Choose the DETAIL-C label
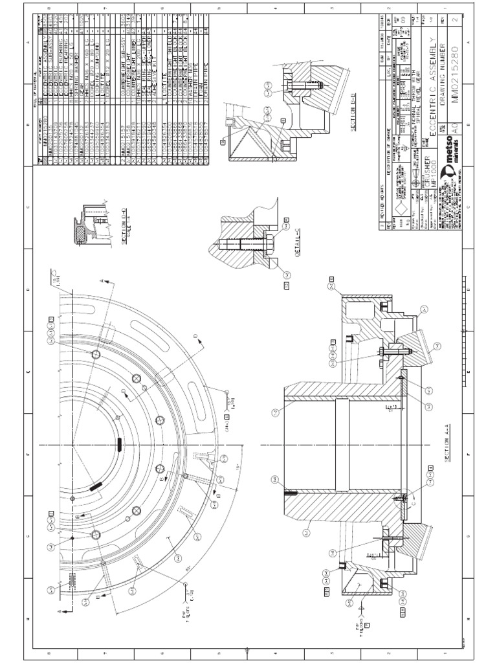click(x=299, y=240)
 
